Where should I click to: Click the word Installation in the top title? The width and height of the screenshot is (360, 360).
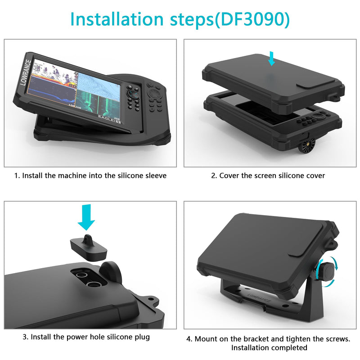click(x=117, y=19)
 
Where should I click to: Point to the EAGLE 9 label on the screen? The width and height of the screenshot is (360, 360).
click(x=109, y=119)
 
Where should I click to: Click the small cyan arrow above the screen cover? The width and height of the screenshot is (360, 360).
click(x=272, y=58)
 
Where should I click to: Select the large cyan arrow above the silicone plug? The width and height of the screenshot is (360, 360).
click(x=86, y=217)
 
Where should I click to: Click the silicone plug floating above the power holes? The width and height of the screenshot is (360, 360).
click(x=88, y=248)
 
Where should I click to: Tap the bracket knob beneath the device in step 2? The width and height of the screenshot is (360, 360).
click(x=307, y=145)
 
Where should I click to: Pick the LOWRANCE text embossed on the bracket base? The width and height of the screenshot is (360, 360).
click(x=259, y=298)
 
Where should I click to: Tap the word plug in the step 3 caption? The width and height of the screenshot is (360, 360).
click(x=142, y=337)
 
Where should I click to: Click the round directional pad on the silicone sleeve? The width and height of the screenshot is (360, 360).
click(x=154, y=93)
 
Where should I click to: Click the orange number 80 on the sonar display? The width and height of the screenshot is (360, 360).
click(x=72, y=85)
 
